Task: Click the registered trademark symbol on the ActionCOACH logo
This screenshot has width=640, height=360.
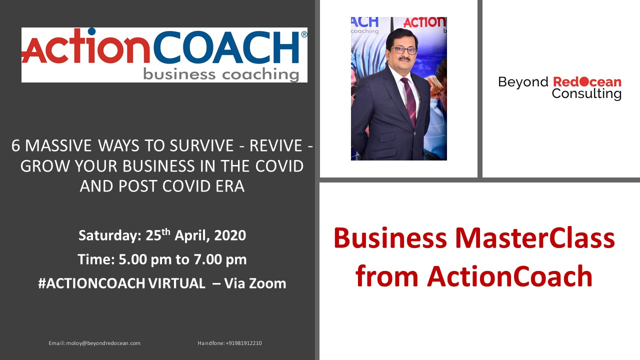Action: (x=304, y=34)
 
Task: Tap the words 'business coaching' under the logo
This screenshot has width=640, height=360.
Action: (x=221, y=74)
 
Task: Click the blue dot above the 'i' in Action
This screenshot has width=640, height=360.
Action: (x=91, y=31)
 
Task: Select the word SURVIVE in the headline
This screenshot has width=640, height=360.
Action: (x=201, y=145)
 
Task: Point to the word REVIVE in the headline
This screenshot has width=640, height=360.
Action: (x=275, y=145)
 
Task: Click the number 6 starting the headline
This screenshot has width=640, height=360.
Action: (x=15, y=145)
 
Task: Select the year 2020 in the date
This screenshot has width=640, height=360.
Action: (x=230, y=235)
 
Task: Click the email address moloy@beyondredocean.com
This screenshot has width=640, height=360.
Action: (x=103, y=343)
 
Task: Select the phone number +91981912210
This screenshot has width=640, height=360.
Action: (x=243, y=343)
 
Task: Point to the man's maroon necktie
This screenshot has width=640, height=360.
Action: (x=409, y=101)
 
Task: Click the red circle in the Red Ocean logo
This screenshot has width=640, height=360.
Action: (x=584, y=82)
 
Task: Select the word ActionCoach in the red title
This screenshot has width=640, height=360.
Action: (x=509, y=276)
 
